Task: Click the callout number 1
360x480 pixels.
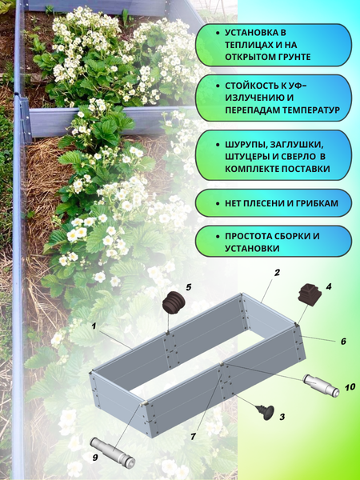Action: pos(94,326)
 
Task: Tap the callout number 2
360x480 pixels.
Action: pos(277,273)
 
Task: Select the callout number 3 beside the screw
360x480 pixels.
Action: pos(282,417)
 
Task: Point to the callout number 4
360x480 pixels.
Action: pos(329,286)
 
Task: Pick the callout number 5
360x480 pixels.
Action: pos(189,286)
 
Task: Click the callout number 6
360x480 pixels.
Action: pos(343,342)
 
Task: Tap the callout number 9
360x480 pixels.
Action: pos(96,458)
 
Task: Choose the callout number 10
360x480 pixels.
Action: pos(350,387)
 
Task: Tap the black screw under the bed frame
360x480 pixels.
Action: pos(263,411)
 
